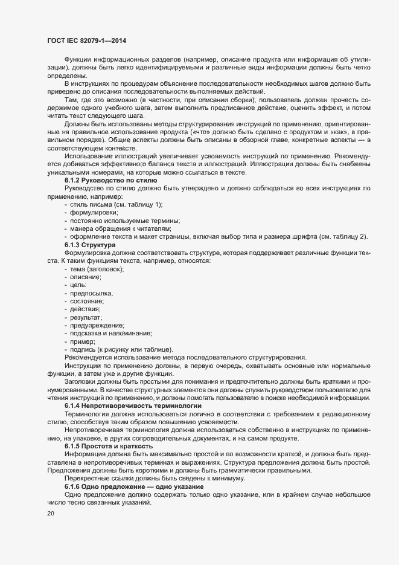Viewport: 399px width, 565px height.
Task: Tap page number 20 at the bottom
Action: pyautogui.click(x=50, y=514)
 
